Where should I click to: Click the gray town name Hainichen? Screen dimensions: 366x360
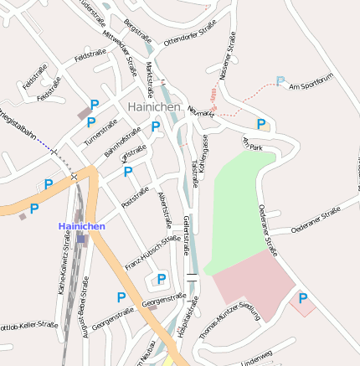153,107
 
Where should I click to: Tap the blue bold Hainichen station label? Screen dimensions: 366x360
81,227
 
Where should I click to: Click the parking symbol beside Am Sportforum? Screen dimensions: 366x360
280,81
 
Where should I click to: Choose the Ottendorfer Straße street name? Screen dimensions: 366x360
190,37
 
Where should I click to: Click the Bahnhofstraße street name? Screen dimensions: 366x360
122,142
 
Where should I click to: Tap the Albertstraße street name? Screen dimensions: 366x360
165,209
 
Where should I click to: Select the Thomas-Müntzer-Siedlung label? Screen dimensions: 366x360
230,319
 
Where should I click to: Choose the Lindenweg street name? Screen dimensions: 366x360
257,358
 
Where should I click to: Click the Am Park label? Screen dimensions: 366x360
253,143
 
